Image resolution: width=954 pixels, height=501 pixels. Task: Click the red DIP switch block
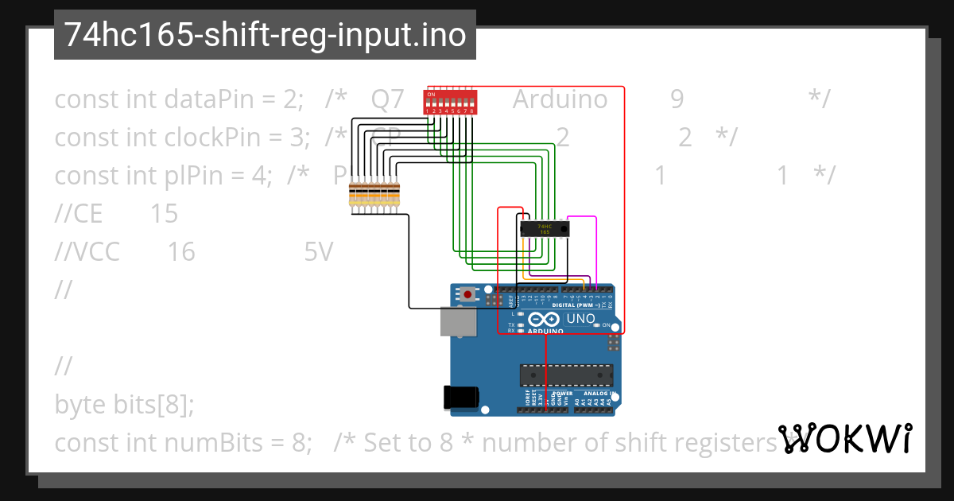coord(450,101)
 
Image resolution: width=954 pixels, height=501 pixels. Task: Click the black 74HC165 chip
coord(545,228)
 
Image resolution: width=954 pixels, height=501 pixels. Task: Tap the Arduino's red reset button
coord(467,295)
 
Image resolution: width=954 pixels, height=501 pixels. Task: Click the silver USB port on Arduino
coord(459,322)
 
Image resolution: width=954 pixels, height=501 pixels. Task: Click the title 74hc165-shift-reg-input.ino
coord(265,35)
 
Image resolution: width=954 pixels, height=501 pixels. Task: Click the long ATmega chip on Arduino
coord(566,374)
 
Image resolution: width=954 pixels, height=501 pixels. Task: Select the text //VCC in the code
coord(87,252)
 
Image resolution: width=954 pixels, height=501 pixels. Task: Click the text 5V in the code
coord(318,252)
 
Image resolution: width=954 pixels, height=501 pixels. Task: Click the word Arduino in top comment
coord(560,99)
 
